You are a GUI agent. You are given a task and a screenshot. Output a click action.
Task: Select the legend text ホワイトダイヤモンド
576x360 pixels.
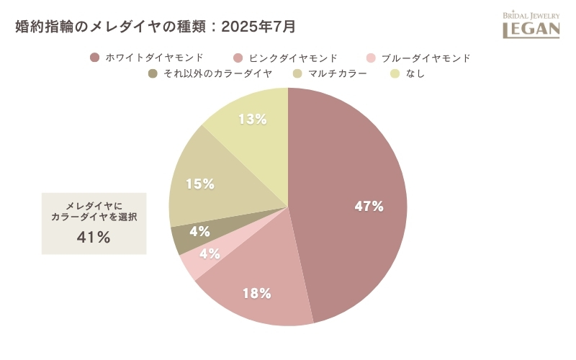pos(154,58)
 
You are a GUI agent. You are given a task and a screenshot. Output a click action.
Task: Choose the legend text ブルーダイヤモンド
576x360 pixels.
pos(426,58)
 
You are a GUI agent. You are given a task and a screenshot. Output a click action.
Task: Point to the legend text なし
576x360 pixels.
pos(415,73)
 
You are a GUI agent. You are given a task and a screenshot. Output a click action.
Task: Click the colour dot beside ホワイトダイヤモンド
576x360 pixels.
pos(94,58)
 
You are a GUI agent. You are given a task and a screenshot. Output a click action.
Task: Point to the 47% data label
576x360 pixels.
pos(369,207)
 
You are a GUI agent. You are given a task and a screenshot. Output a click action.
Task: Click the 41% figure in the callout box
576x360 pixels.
pos(94,238)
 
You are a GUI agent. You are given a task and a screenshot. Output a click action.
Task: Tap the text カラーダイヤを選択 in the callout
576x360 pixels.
pos(94,217)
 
